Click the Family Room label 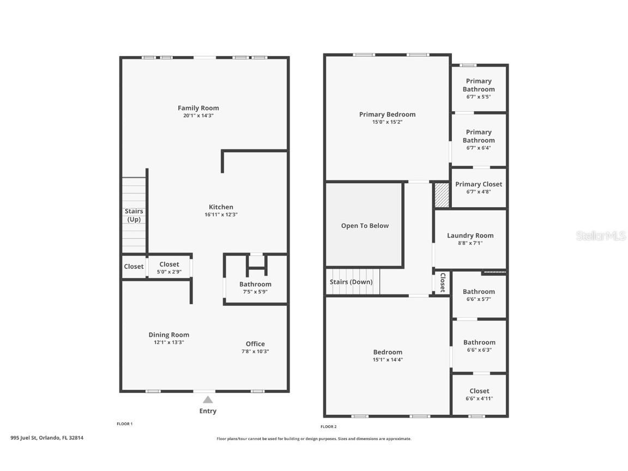(198, 108)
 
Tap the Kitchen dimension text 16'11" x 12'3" (221, 215)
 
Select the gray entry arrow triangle (208, 399)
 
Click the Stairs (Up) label (134, 215)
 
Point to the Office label (255, 343)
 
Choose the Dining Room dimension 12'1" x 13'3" (169, 342)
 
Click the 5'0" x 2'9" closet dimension (169, 272)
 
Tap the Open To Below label (365, 226)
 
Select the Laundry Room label (470, 235)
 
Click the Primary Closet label (479, 184)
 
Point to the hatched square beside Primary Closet (442, 195)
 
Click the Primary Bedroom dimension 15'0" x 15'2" (387, 122)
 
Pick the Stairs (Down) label (351, 282)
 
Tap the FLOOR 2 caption (328, 427)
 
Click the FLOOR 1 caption (124, 424)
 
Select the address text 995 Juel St (23, 438)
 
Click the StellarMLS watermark (600, 235)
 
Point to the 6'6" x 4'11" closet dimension (479, 398)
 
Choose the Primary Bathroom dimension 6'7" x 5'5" (479, 97)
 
